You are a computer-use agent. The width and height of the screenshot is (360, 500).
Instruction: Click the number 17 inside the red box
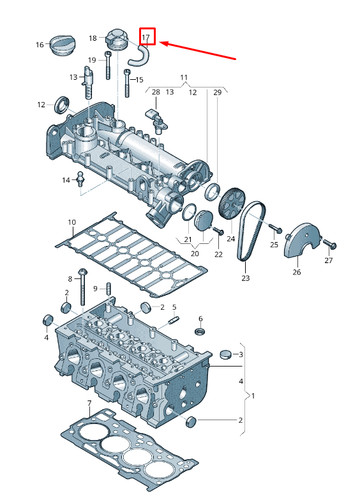(146, 37)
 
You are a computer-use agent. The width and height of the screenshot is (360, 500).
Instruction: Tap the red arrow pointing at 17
(198, 51)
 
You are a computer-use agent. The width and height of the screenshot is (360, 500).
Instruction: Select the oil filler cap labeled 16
(64, 44)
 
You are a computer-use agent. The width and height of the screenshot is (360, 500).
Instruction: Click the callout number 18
(93, 38)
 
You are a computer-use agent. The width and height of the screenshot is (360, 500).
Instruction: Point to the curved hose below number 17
(141, 56)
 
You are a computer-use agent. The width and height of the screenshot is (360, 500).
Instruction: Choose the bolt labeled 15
(127, 83)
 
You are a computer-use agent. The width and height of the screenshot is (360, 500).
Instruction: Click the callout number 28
(156, 92)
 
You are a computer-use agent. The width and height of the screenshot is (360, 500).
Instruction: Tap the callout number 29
(217, 92)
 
